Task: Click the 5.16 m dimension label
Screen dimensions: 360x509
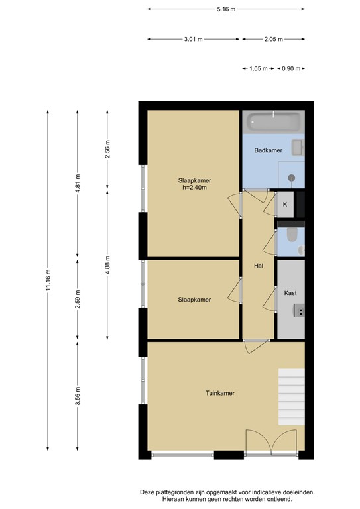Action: coord(226,9)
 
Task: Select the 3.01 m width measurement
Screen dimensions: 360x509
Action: coord(193,39)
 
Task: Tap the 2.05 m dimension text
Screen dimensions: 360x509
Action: coord(273,39)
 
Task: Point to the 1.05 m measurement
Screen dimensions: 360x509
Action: coord(259,68)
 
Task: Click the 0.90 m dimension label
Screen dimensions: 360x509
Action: coord(291,68)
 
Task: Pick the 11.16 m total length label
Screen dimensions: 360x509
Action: coord(48,280)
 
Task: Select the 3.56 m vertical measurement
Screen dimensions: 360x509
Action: coord(78,396)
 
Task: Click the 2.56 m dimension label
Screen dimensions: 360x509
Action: coord(107,149)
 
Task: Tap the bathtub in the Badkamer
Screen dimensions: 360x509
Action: coord(273,122)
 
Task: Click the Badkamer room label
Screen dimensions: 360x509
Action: coord(268,150)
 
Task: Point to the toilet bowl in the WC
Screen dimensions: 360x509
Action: coord(292,235)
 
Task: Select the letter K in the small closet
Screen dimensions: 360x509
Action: coord(285,205)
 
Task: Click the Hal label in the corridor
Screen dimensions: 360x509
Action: coord(259,266)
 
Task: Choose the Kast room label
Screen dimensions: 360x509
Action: coord(290,293)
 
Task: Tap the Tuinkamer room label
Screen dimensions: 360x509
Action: coord(219,393)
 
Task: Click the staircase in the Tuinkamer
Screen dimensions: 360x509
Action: coord(291,397)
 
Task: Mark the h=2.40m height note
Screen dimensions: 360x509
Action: coord(194,188)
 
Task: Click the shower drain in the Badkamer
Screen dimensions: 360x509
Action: coord(292,178)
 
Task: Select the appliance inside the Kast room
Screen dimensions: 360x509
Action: coord(299,310)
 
